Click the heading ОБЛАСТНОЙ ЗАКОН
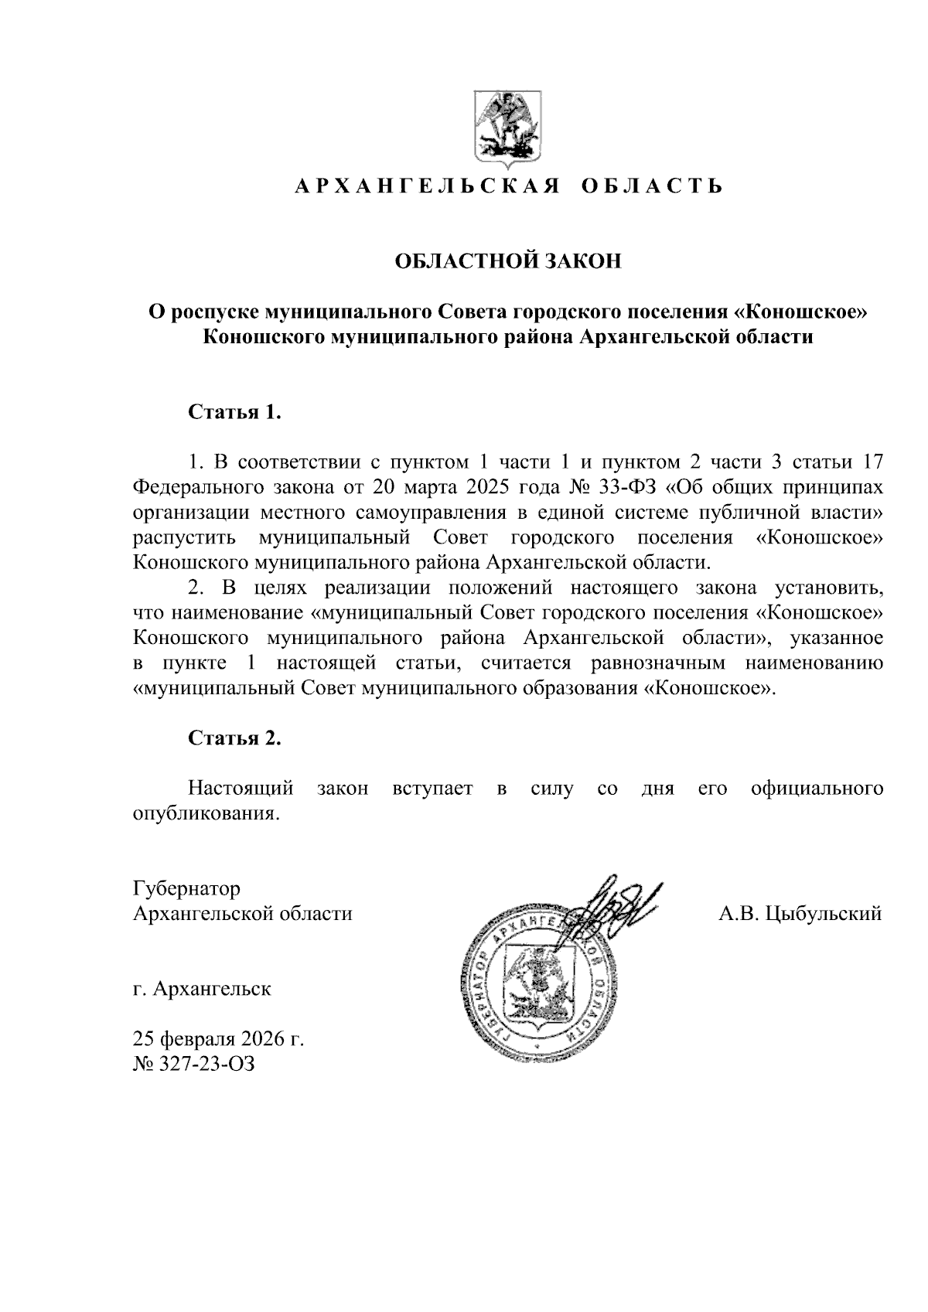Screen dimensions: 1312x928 point(508,261)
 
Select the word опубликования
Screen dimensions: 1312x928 point(205,813)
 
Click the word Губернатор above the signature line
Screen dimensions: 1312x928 point(186,888)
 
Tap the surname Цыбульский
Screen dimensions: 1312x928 point(824,914)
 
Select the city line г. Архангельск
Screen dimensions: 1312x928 point(202,989)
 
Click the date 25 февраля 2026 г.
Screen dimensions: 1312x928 point(218,1038)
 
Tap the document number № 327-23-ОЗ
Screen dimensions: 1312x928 point(194,1064)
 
